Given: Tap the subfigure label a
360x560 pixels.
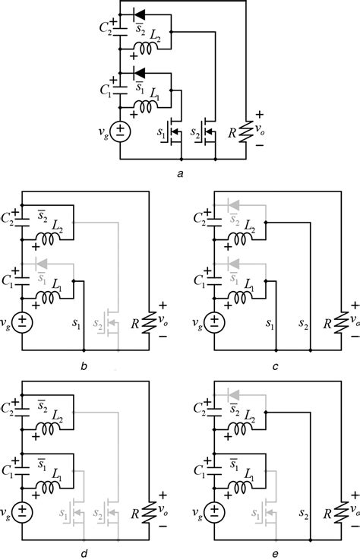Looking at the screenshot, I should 179,175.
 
